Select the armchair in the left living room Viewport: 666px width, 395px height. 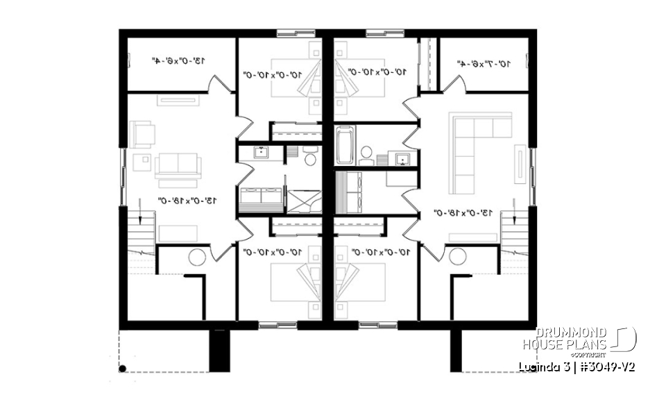(x=142, y=134)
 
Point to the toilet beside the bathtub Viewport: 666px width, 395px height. (x=366, y=152)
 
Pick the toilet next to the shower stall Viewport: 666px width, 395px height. (x=310, y=158)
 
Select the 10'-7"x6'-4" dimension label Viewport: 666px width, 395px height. (x=484, y=63)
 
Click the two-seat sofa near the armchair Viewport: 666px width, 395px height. (x=178, y=165)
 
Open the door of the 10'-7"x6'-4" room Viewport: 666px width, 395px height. (x=454, y=85)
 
